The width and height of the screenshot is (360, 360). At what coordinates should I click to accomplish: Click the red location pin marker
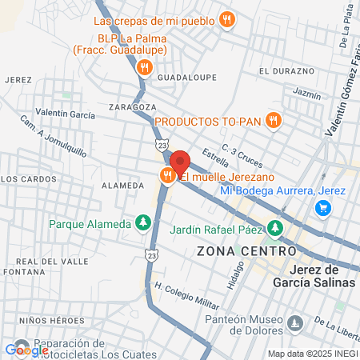click(x=180, y=162)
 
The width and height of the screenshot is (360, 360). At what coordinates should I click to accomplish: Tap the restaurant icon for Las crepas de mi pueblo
click(x=228, y=20)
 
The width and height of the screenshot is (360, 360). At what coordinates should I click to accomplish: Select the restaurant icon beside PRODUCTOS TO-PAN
click(x=274, y=121)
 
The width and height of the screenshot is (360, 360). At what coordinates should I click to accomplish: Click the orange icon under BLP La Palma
click(x=144, y=67)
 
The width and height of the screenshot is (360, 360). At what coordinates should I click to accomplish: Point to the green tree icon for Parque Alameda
click(x=143, y=222)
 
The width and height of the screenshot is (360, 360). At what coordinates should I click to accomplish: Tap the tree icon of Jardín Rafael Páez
click(x=275, y=229)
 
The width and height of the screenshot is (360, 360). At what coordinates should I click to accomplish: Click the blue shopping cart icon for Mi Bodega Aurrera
click(x=323, y=208)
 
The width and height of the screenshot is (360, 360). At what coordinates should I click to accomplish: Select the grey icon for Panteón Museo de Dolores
click(x=296, y=324)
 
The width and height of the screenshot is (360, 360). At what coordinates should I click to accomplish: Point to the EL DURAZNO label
click(x=287, y=71)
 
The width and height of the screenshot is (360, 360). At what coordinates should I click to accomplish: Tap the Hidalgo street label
click(x=234, y=275)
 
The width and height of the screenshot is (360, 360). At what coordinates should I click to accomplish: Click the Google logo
click(x=26, y=350)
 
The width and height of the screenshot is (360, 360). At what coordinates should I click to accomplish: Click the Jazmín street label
click(x=306, y=94)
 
